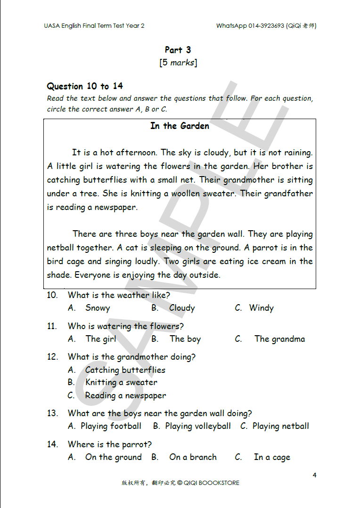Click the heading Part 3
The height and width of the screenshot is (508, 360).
[x=178, y=50]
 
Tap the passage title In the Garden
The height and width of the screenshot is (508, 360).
[x=180, y=126]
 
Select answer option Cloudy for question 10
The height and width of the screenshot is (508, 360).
[x=182, y=308]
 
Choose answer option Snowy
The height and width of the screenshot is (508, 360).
[x=98, y=308]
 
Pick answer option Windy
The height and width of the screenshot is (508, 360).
[x=261, y=308]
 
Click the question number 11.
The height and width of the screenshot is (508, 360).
[x=52, y=326]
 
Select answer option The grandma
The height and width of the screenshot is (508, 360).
[x=279, y=339]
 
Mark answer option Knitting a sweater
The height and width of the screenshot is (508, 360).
[x=121, y=382]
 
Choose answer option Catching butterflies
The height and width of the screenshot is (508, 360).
[x=125, y=370]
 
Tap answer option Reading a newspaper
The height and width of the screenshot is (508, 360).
[x=125, y=395]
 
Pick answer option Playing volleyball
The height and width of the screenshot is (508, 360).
[x=197, y=426]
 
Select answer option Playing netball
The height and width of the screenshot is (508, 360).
[x=280, y=426]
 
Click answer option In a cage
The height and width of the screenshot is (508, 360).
[x=272, y=457]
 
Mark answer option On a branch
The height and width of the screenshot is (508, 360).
[x=193, y=457]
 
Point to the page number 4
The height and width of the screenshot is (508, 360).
[x=314, y=475]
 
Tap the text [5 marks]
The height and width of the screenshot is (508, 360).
[x=178, y=63]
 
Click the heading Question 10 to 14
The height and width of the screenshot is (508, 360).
[x=85, y=86]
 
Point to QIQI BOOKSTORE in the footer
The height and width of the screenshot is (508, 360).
[x=212, y=483]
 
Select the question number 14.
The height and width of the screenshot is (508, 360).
[x=52, y=444]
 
